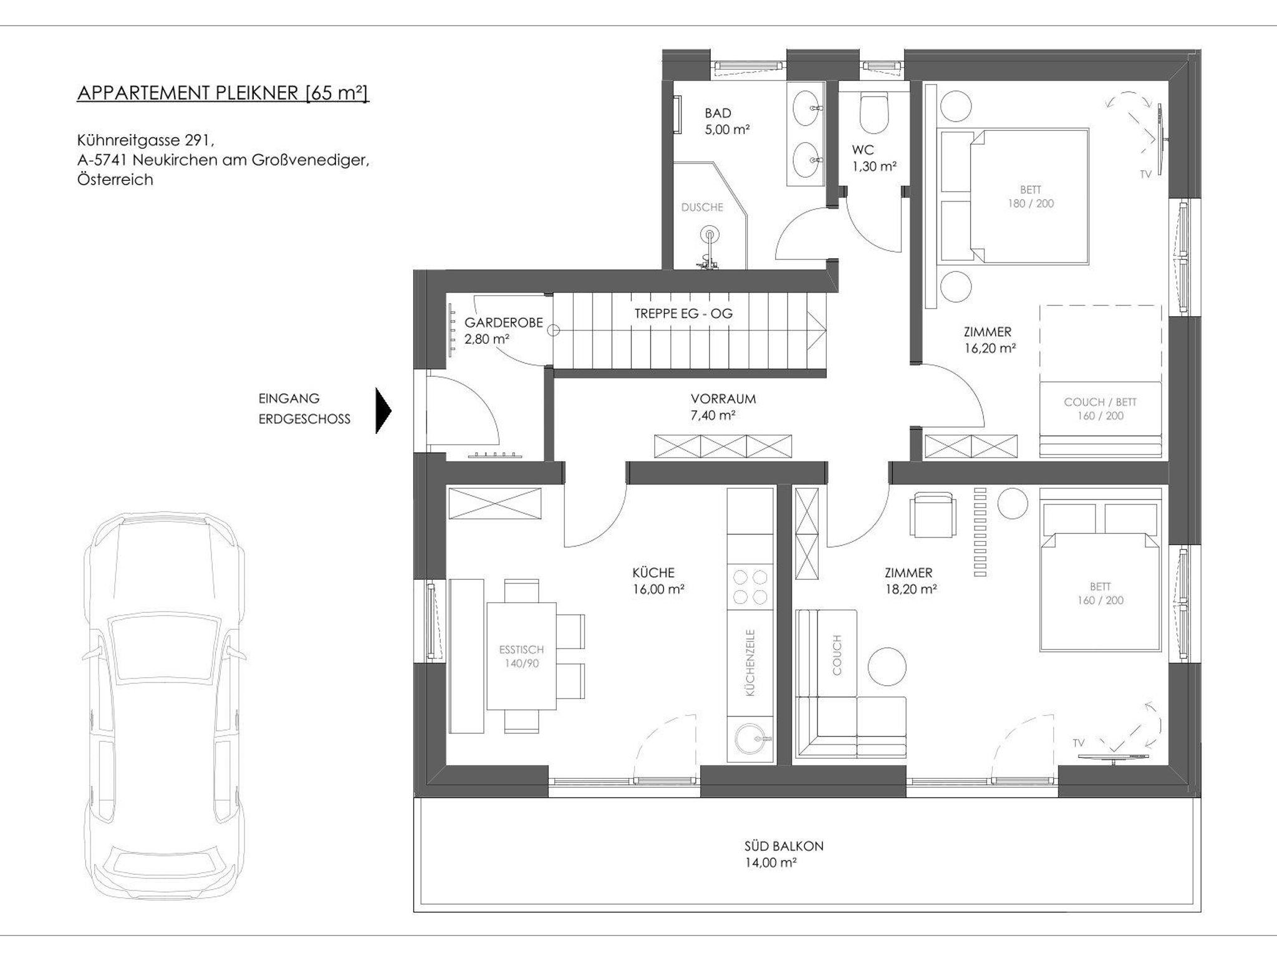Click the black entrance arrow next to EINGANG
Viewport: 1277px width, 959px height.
(x=383, y=410)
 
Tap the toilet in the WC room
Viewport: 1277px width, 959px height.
(x=873, y=112)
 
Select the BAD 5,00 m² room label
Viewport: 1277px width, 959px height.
(x=726, y=121)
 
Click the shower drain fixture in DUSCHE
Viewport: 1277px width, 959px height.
(x=709, y=236)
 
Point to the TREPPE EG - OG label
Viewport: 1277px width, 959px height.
(x=683, y=313)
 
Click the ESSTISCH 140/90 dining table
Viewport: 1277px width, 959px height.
(x=521, y=656)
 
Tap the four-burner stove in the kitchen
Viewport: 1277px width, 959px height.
(x=750, y=587)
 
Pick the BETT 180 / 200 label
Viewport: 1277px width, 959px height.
(x=1031, y=196)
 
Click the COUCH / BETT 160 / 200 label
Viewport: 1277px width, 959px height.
(x=1100, y=408)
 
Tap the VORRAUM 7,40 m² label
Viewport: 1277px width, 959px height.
(x=723, y=407)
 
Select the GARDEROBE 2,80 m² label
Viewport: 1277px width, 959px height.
(x=503, y=330)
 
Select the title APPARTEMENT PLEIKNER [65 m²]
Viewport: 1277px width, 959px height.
(x=223, y=93)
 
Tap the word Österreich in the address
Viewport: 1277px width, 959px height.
(x=115, y=180)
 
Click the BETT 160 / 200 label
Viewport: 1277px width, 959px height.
(x=1100, y=593)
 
